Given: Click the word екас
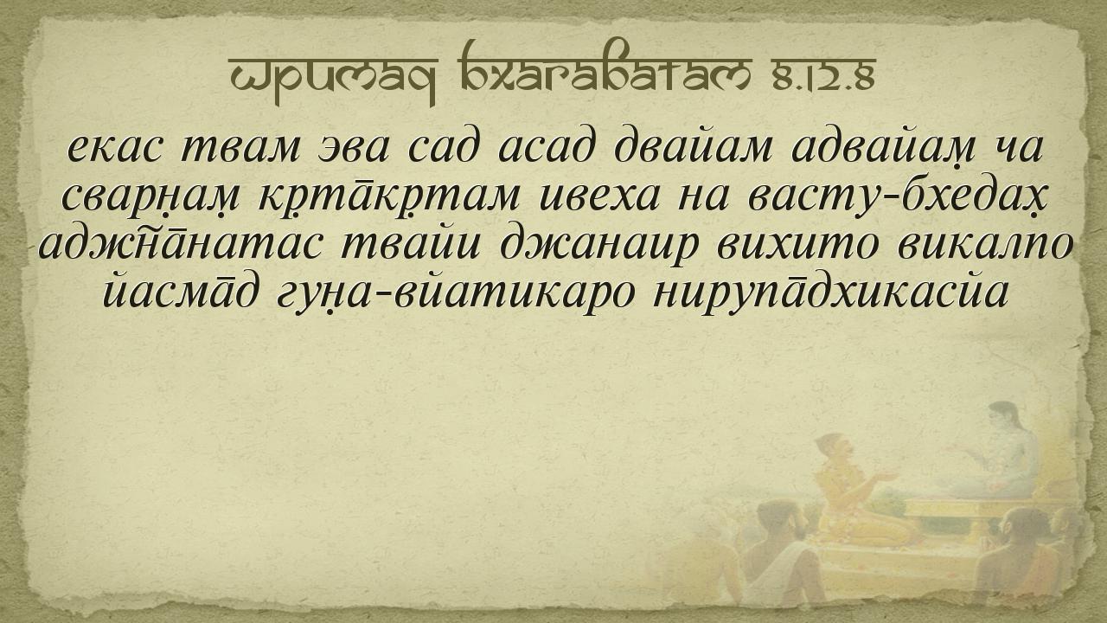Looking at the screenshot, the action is (x=114, y=148).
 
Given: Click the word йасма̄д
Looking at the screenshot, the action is (x=181, y=292).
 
